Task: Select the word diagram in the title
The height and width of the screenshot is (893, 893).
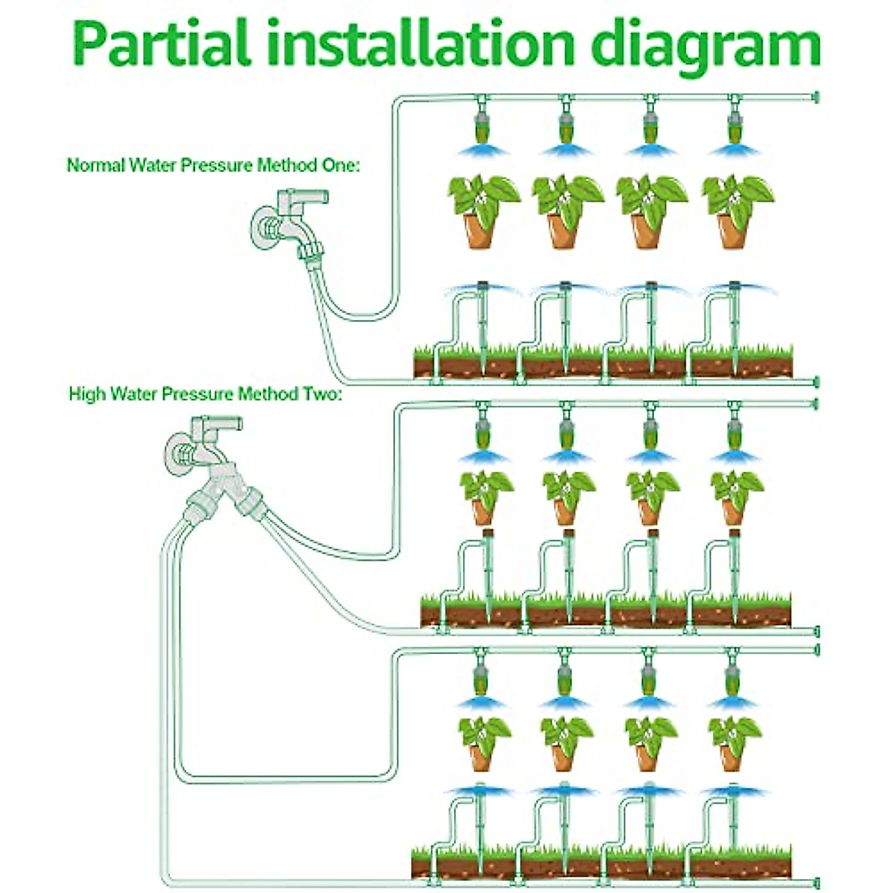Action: coord(705,46)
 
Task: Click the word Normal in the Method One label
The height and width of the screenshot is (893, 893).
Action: coord(96,165)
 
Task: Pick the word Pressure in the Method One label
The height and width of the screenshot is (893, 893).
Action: coord(216,165)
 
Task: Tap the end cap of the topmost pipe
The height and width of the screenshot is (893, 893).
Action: coord(815,97)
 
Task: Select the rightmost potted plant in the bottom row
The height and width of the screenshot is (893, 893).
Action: coord(735,740)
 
